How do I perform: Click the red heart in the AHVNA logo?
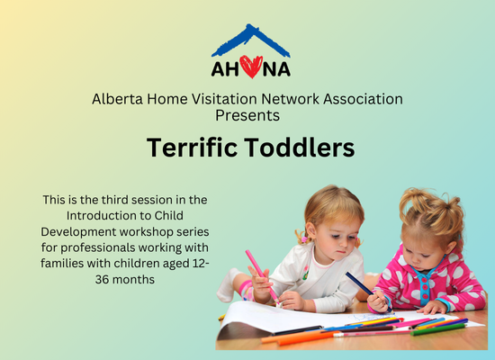(x=251, y=67)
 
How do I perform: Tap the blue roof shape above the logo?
(x=251, y=40)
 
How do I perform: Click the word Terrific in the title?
(x=192, y=148)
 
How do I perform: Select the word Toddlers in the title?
(x=300, y=148)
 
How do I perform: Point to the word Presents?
(x=247, y=115)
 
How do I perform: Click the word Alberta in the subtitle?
(x=117, y=99)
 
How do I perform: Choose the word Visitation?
(x=224, y=99)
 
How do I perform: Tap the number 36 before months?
(x=103, y=280)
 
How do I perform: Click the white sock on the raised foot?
(x=227, y=285)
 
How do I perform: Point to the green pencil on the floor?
(x=438, y=329)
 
